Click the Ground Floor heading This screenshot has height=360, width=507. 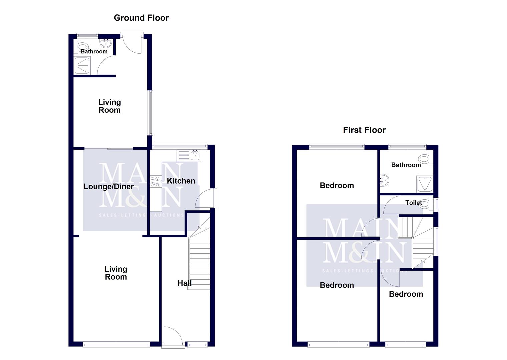[141, 18]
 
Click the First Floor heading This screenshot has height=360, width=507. [364, 130]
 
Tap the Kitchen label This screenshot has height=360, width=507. [181, 181]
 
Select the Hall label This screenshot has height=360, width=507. [184, 283]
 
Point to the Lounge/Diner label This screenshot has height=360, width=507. [108, 187]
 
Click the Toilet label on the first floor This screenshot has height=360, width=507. [413, 203]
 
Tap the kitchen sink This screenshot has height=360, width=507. [195, 155]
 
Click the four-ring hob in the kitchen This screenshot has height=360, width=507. [155, 181]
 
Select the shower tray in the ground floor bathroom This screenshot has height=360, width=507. [82, 65]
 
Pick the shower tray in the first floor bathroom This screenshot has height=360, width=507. [424, 184]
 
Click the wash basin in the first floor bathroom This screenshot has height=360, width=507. [384, 180]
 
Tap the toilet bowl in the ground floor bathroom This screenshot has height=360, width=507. [83, 46]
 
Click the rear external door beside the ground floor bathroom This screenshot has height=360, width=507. [132, 43]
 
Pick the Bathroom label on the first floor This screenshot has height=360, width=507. [406, 165]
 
